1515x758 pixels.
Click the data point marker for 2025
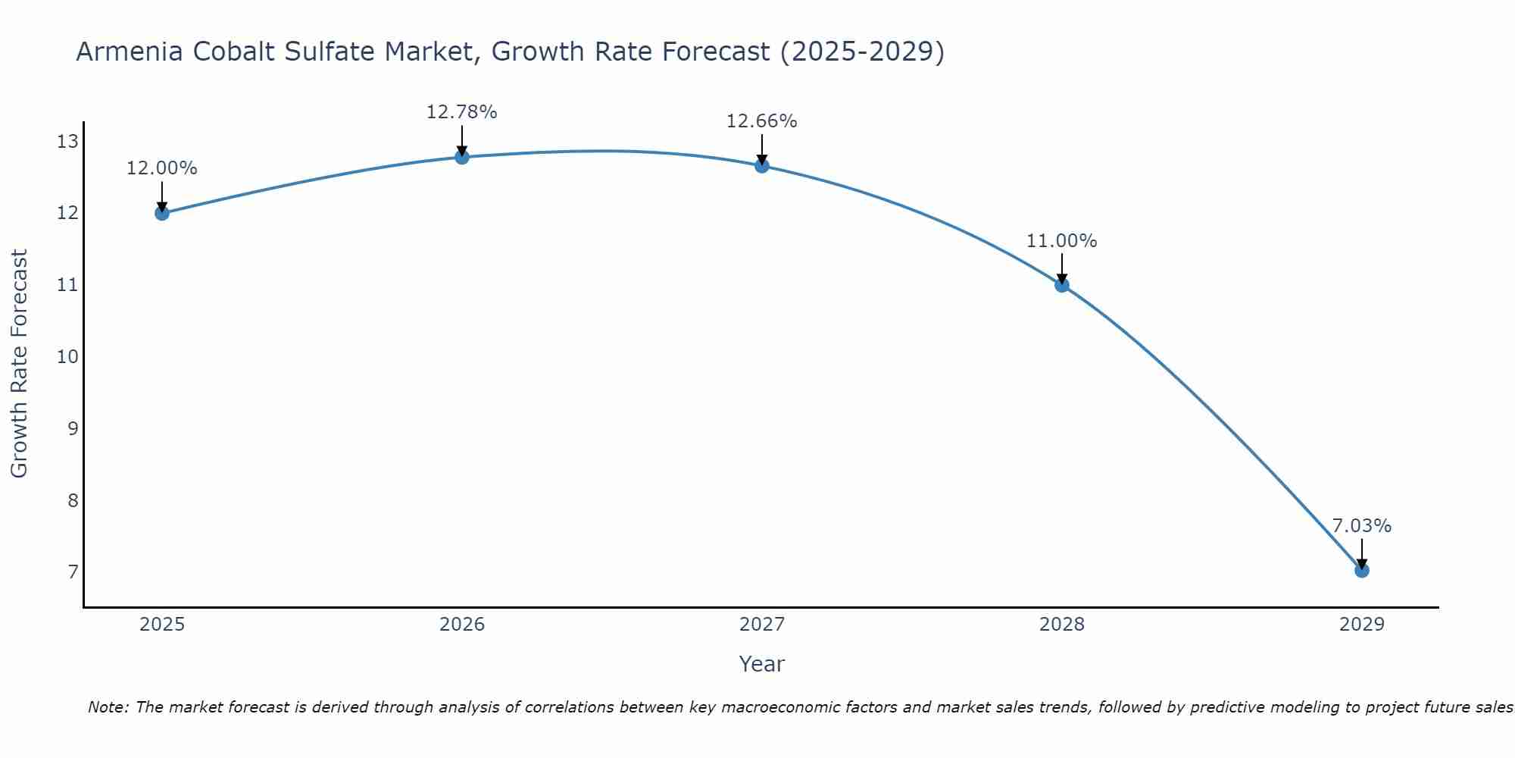pyautogui.click(x=162, y=213)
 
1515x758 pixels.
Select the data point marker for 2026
pyautogui.click(x=462, y=157)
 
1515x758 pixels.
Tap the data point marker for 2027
pyautogui.click(x=762, y=165)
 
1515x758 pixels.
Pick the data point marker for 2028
pyautogui.click(x=1062, y=285)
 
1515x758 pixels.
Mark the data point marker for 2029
pyautogui.click(x=1362, y=570)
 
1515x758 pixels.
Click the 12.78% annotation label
pyautogui.click(x=462, y=112)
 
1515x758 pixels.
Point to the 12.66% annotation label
pyautogui.click(x=762, y=121)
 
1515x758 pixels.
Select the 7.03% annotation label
pyautogui.click(x=1362, y=526)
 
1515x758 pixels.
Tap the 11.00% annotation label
pyautogui.click(x=1062, y=241)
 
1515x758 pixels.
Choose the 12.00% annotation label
pyautogui.click(x=162, y=168)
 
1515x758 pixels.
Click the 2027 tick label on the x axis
pyautogui.click(x=762, y=625)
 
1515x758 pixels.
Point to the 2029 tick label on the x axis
pyautogui.click(x=1362, y=625)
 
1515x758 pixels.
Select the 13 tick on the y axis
pyautogui.click(x=67, y=142)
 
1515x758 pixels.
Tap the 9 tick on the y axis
pyautogui.click(x=73, y=429)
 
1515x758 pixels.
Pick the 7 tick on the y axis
pyautogui.click(x=73, y=572)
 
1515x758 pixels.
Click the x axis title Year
pyautogui.click(x=762, y=664)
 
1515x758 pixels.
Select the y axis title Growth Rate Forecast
pyautogui.click(x=19, y=364)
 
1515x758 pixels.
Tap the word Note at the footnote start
pyautogui.click(x=108, y=707)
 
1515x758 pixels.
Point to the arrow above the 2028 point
pyautogui.click(x=1062, y=267)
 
